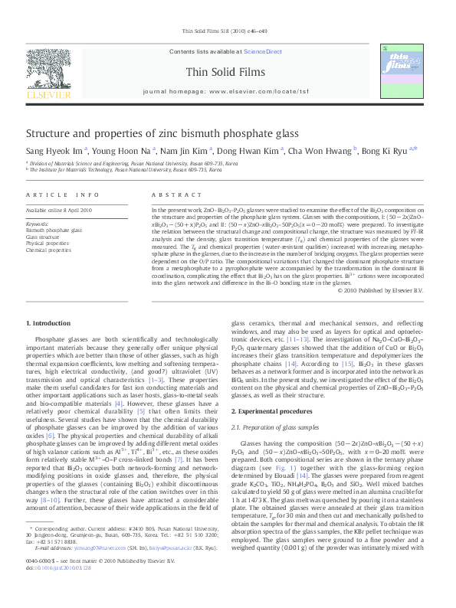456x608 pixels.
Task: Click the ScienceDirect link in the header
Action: click(263, 52)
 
